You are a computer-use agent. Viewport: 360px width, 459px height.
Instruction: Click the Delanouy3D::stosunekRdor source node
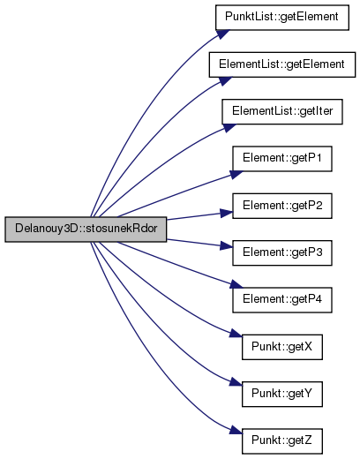(x=86, y=229)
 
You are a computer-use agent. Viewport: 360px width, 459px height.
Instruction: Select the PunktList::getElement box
(x=282, y=18)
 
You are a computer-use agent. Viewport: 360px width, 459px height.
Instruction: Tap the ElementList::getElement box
(x=282, y=64)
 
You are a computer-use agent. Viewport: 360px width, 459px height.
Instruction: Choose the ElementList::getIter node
(x=282, y=112)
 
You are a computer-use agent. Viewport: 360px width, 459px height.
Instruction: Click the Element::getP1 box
(x=282, y=159)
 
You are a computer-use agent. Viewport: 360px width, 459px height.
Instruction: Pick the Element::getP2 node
(x=282, y=206)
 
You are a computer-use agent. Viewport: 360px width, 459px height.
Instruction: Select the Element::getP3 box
(x=282, y=253)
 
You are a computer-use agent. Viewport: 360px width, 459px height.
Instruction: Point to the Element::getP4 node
(x=282, y=300)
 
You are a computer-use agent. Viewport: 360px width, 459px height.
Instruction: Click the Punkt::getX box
(x=282, y=347)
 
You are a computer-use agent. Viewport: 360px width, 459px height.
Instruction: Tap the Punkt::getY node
(x=282, y=395)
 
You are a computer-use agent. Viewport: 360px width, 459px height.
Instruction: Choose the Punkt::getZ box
(x=282, y=441)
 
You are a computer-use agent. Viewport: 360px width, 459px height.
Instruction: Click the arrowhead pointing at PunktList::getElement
(x=222, y=34)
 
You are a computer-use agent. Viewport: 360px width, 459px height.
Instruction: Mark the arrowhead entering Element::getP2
(x=227, y=214)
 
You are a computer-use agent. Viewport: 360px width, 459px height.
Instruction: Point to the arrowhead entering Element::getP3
(x=227, y=245)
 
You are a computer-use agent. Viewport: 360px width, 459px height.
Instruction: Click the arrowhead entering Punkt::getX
(x=236, y=334)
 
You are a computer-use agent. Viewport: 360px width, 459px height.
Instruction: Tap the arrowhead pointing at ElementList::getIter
(x=229, y=128)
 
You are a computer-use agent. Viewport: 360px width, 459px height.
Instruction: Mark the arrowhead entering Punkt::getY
(x=236, y=382)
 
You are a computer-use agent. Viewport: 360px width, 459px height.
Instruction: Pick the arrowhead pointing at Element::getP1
(x=236, y=175)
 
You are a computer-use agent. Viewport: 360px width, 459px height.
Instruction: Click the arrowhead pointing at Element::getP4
(x=236, y=284)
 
